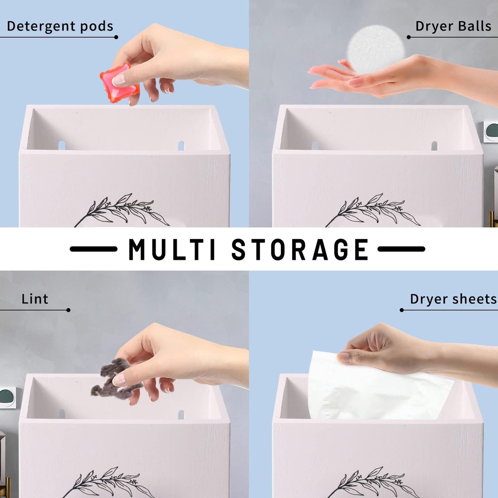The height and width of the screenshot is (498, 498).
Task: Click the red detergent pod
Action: coord(119,83)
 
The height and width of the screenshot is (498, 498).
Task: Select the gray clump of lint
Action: coord(114,378)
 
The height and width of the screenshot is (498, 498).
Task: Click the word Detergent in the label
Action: coord(41,27)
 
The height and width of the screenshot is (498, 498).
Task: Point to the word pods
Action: coord(97,27)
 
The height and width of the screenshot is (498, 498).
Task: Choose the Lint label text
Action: coord(35,299)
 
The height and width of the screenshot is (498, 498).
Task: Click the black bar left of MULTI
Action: coord(93,249)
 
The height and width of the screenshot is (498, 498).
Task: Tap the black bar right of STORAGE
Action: coord(402,249)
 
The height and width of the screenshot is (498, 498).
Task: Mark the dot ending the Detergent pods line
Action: coord(116,37)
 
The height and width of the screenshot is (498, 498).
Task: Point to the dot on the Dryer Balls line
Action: coord(409,37)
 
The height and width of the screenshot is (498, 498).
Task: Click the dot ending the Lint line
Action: coord(68,310)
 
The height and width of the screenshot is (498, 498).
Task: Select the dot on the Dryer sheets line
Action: coord(402,310)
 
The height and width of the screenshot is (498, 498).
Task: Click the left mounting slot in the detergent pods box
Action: coord(62,145)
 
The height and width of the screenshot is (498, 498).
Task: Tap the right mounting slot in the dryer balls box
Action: coord(435,146)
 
